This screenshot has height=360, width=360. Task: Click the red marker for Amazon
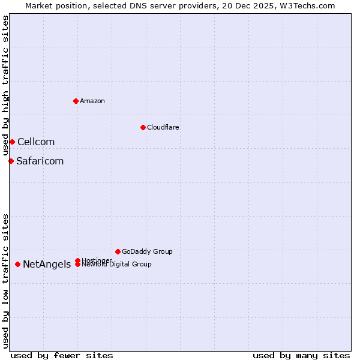coord(76,101)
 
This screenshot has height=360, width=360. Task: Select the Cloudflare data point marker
coord(143,127)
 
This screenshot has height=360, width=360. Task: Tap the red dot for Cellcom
coord(12,142)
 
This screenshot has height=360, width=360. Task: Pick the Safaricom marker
coord(11,161)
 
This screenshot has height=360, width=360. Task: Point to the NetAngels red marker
coord(17,264)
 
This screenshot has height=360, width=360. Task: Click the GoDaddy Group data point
coord(118,251)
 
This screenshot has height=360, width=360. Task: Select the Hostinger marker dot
coord(78,260)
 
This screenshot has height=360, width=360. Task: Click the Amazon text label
coord(92,101)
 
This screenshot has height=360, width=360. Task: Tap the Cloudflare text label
coord(163,127)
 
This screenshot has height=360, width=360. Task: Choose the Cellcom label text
coord(36,142)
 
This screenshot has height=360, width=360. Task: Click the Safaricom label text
coord(40,161)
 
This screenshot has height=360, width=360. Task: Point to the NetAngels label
coord(47,265)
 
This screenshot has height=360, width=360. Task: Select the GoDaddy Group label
coord(147,252)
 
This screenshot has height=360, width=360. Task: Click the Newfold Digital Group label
coord(117,265)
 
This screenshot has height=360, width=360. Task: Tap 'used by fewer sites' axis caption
coord(62,355)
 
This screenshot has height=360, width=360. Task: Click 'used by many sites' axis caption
coord(301,355)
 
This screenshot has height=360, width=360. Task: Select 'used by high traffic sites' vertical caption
coord(5,86)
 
